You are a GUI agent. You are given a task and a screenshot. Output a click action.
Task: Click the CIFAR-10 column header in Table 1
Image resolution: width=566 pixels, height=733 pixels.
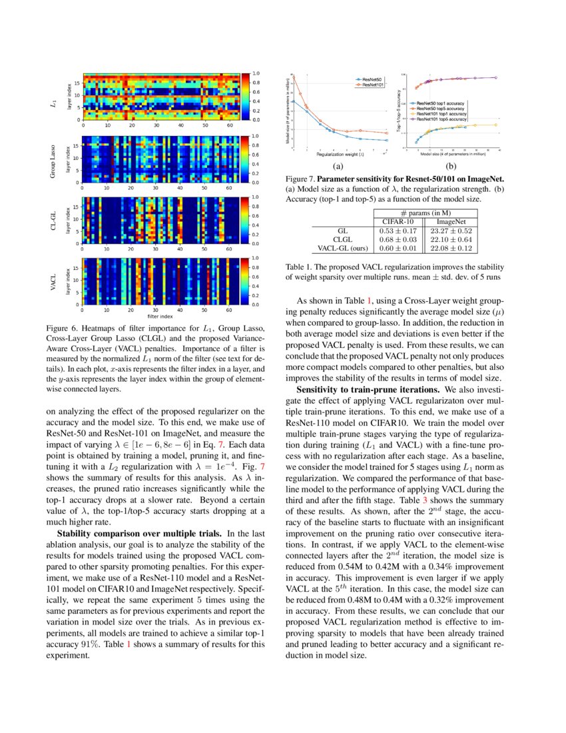pos(396,221)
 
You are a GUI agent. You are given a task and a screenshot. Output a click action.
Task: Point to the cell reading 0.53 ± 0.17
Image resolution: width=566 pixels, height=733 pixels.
pos(396,230)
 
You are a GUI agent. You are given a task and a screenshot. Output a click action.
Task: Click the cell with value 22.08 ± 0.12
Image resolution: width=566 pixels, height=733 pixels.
pos(450,248)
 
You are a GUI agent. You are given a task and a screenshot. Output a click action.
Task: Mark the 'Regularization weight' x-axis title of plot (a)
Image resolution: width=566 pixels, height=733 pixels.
pos(340,154)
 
